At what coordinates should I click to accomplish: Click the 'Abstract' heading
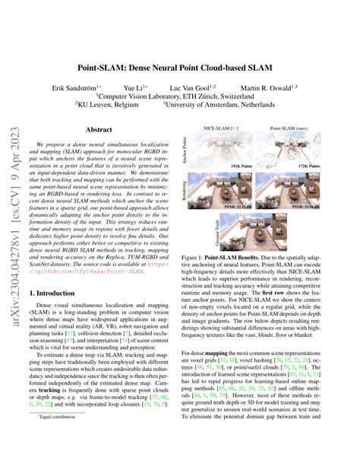(x=100, y=131)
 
